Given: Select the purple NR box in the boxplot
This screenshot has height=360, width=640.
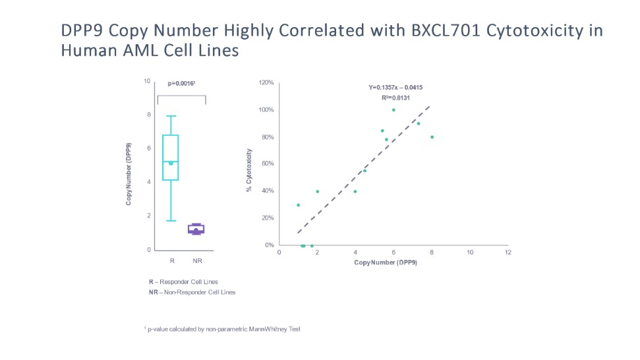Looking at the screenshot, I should (196, 229).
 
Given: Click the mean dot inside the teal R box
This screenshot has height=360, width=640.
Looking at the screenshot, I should (171, 163).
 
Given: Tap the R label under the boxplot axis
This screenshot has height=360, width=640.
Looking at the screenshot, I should (172, 261).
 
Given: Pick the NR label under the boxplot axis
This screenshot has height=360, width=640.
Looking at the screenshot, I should (196, 261).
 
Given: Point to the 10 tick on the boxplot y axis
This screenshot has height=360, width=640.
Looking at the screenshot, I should (148, 81).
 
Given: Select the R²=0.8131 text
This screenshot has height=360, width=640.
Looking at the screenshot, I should (396, 98).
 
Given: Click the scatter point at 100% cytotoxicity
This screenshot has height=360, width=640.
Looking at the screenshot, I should (393, 110).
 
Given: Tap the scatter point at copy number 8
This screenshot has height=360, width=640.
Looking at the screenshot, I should (432, 137).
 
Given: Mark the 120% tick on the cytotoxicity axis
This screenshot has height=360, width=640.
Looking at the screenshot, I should (266, 83).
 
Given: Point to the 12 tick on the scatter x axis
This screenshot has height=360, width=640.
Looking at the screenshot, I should (507, 253).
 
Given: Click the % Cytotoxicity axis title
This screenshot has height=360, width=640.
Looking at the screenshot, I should (249, 170).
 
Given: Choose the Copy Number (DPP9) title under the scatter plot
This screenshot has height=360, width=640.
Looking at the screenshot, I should (386, 262).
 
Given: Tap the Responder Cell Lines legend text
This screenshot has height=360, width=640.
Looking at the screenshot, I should (188, 282).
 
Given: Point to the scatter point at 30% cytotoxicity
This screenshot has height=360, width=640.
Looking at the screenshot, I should (298, 205).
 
